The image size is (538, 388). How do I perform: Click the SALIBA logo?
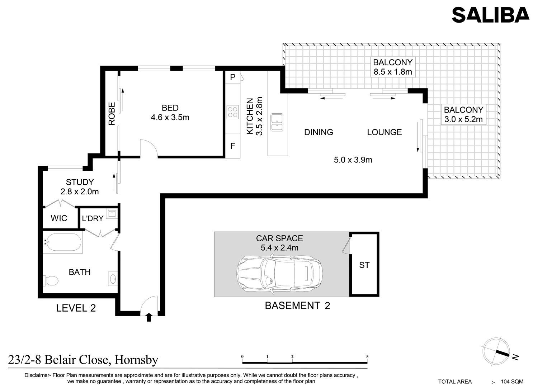pyautogui.click(x=490, y=15)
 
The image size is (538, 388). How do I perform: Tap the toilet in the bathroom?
pyautogui.click(x=51, y=280)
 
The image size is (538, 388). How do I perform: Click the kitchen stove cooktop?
pyautogui.click(x=232, y=112)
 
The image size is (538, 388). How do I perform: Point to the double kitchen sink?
pyautogui.click(x=277, y=122)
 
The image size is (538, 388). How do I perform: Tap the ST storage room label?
pyautogui.click(x=364, y=265)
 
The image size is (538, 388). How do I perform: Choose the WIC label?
pyautogui.click(x=59, y=218)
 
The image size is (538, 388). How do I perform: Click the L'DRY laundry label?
pyautogui.click(x=93, y=218)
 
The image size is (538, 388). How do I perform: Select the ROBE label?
pyautogui.click(x=112, y=114)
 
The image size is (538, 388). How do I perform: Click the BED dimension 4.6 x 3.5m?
pyautogui.click(x=170, y=117)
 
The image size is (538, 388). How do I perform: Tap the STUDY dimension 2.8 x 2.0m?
pyautogui.click(x=80, y=191)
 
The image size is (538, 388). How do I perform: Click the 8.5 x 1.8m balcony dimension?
pyautogui.click(x=393, y=72)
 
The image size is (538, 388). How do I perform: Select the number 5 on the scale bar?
pyautogui.click(x=367, y=356)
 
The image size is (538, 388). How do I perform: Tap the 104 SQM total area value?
pyautogui.click(x=512, y=382)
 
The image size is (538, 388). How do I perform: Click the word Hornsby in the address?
pyautogui.click(x=136, y=360)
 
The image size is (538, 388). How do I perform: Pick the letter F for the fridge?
pyautogui.click(x=232, y=146)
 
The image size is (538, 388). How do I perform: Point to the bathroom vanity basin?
pyautogui.click(x=113, y=279)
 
